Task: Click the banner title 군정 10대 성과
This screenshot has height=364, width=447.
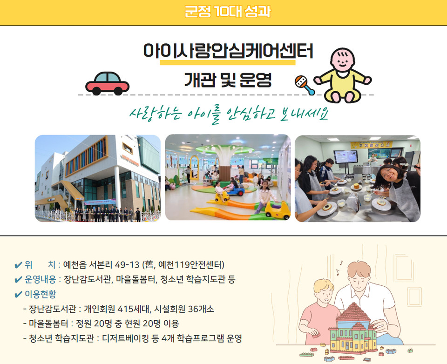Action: tap(228, 12)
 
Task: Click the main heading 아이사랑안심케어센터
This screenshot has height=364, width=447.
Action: tap(228, 51)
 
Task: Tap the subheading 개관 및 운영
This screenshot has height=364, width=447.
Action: tap(228, 80)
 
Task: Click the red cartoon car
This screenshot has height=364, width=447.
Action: tap(107, 83)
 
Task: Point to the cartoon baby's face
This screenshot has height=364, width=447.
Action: tap(342, 61)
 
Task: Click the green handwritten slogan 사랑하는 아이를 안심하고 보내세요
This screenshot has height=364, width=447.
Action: tap(229, 115)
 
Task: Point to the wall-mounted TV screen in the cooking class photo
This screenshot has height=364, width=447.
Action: tap(345, 156)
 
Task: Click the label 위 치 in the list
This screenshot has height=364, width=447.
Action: tap(40, 265)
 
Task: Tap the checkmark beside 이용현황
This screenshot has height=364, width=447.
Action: tap(18, 294)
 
